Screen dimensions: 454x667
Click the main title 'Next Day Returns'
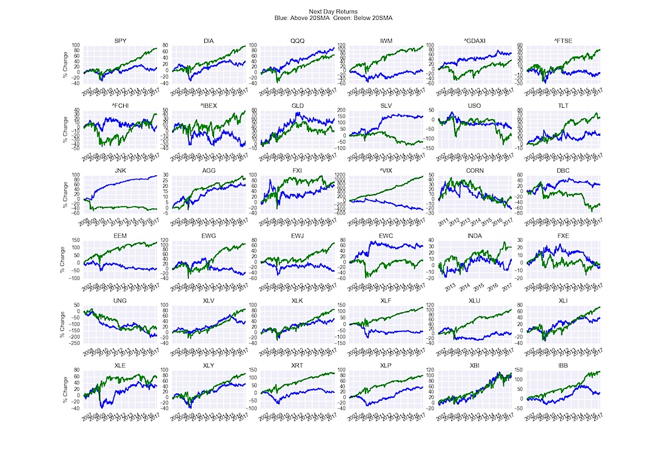click(x=333, y=12)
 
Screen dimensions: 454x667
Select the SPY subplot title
click(x=120, y=41)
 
